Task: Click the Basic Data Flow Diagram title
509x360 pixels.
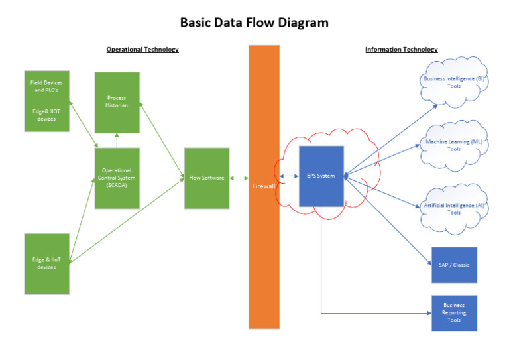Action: tap(254, 23)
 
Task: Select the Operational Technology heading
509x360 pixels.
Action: tap(142, 50)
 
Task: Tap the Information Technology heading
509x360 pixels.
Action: tap(401, 50)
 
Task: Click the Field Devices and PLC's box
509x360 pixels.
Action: tap(46, 101)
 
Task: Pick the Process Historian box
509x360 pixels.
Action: tap(117, 102)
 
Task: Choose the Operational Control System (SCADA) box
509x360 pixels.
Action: tap(117, 178)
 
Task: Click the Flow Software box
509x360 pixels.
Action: tap(207, 178)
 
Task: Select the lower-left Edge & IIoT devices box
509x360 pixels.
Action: tap(46, 263)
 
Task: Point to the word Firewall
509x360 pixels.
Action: tap(264, 187)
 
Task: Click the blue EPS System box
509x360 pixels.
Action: tap(321, 176)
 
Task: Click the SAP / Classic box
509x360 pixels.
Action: tap(454, 265)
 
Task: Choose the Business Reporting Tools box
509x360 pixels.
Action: tap(454, 313)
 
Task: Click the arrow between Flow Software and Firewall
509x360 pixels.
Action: tap(239, 178)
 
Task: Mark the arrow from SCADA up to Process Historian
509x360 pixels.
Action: tap(117, 140)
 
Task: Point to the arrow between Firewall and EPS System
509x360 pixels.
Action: tap(288, 176)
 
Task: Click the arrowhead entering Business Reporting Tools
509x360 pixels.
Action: tap(428, 312)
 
